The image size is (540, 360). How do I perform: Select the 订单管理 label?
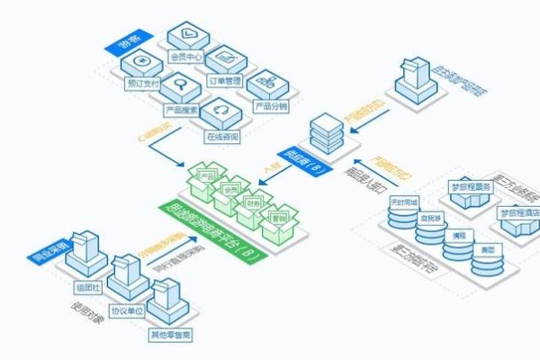pyautogui.click(x=225, y=79)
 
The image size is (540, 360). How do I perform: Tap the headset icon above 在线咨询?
pyautogui.click(x=220, y=114)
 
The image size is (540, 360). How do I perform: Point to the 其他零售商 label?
pyautogui.click(x=171, y=337)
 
